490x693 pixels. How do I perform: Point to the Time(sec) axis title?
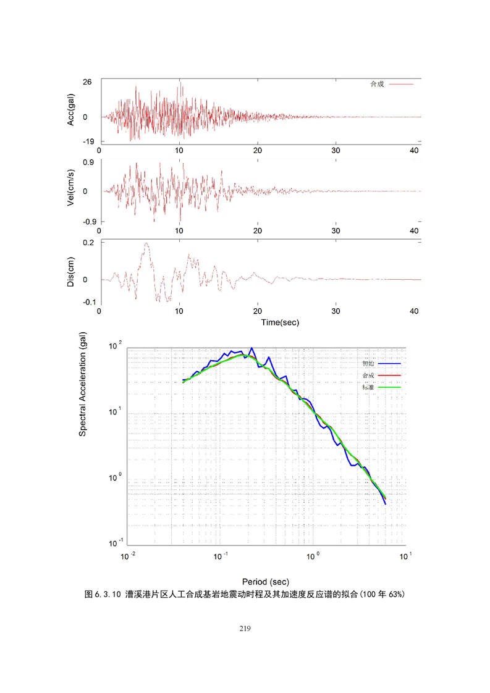[x=260, y=322]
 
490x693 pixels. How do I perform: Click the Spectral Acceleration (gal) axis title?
[x=82, y=384]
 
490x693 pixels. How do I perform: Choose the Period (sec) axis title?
[x=266, y=582]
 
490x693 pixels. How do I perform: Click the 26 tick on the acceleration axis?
[x=88, y=82]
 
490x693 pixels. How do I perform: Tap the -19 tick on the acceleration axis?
[x=87, y=141]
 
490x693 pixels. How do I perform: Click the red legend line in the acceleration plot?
[x=401, y=84]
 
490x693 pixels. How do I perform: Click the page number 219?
[x=245, y=629]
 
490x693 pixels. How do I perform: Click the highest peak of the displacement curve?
[x=146, y=243]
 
